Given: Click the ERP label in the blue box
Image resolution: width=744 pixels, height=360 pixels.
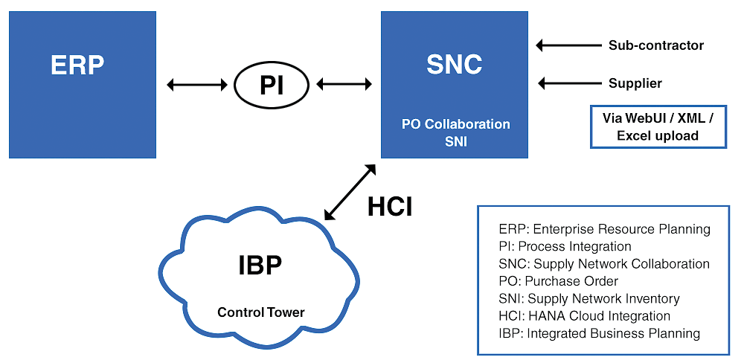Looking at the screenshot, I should [77, 65].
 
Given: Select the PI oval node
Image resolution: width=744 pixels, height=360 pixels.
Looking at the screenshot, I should [272, 85].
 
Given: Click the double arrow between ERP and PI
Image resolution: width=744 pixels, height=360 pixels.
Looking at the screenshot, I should [197, 85].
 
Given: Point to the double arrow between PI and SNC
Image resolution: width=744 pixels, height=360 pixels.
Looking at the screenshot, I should [344, 85].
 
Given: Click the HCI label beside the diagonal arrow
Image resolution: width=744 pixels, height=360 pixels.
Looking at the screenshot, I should [390, 207].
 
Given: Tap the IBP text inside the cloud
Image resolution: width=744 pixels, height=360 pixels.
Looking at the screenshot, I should [260, 266].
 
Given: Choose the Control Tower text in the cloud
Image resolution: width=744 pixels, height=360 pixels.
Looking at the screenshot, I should [260, 312].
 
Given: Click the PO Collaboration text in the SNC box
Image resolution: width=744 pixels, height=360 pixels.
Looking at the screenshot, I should [455, 124].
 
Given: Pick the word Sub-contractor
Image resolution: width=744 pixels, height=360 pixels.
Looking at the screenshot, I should [655, 45].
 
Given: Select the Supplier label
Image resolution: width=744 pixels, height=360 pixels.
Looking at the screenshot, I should [635, 83].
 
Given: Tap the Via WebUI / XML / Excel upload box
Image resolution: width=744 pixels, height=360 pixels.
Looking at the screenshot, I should [658, 126].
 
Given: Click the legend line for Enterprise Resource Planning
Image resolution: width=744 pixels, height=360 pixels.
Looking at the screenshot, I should [604, 229].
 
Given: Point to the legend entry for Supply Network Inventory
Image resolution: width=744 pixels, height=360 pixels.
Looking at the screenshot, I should [589, 298].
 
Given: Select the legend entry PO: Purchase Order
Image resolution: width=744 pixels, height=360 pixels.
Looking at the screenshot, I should [559, 281].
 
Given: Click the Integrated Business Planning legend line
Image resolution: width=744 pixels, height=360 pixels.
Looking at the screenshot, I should [600, 333].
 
